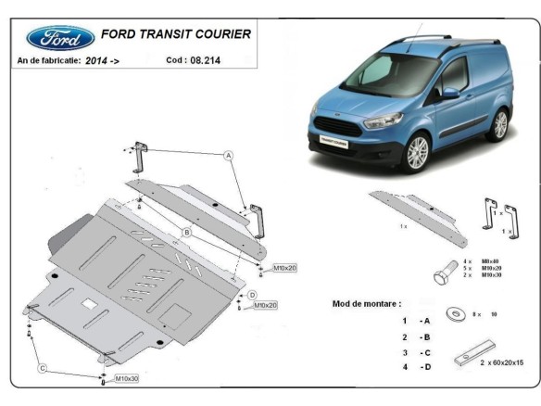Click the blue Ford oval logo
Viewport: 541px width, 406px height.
coord(61,38)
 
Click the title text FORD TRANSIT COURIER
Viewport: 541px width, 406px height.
coord(177,34)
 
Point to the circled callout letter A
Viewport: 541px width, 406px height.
coord(227,156)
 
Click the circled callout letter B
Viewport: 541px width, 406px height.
coord(186,232)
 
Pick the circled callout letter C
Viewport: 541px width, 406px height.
coord(42,368)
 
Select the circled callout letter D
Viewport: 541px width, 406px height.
coord(252,295)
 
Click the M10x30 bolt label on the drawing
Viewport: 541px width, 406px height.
coord(127,379)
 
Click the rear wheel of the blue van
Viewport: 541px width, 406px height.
coord(500,125)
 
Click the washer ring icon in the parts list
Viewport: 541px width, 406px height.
coord(459,314)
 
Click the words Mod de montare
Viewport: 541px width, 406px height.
coord(367,303)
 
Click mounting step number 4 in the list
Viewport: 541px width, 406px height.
coord(404,367)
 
